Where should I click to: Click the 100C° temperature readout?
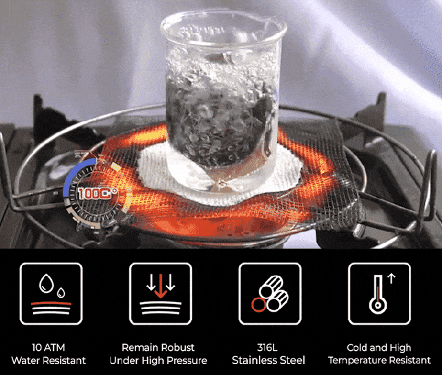coord(97,193)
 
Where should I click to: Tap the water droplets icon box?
coord(51,294)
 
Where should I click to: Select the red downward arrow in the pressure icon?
coord(161,286)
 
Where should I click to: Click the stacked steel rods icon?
coord(270,294)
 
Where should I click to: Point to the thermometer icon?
coord(378,294)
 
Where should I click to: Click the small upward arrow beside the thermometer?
coord(392,278)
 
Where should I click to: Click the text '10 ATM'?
coord(48,347)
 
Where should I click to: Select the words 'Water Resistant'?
coord(48,361)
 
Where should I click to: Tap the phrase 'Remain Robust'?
coord(158,347)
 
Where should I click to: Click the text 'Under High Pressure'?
coord(158,361)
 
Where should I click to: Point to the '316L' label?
coord(267,347)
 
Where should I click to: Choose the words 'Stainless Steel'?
coord(269,361)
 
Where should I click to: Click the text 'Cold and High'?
coord(379,347)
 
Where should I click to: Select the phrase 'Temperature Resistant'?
coord(379,361)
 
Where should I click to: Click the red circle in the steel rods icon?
coord(258,305)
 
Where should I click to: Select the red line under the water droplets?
coord(51,304)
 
